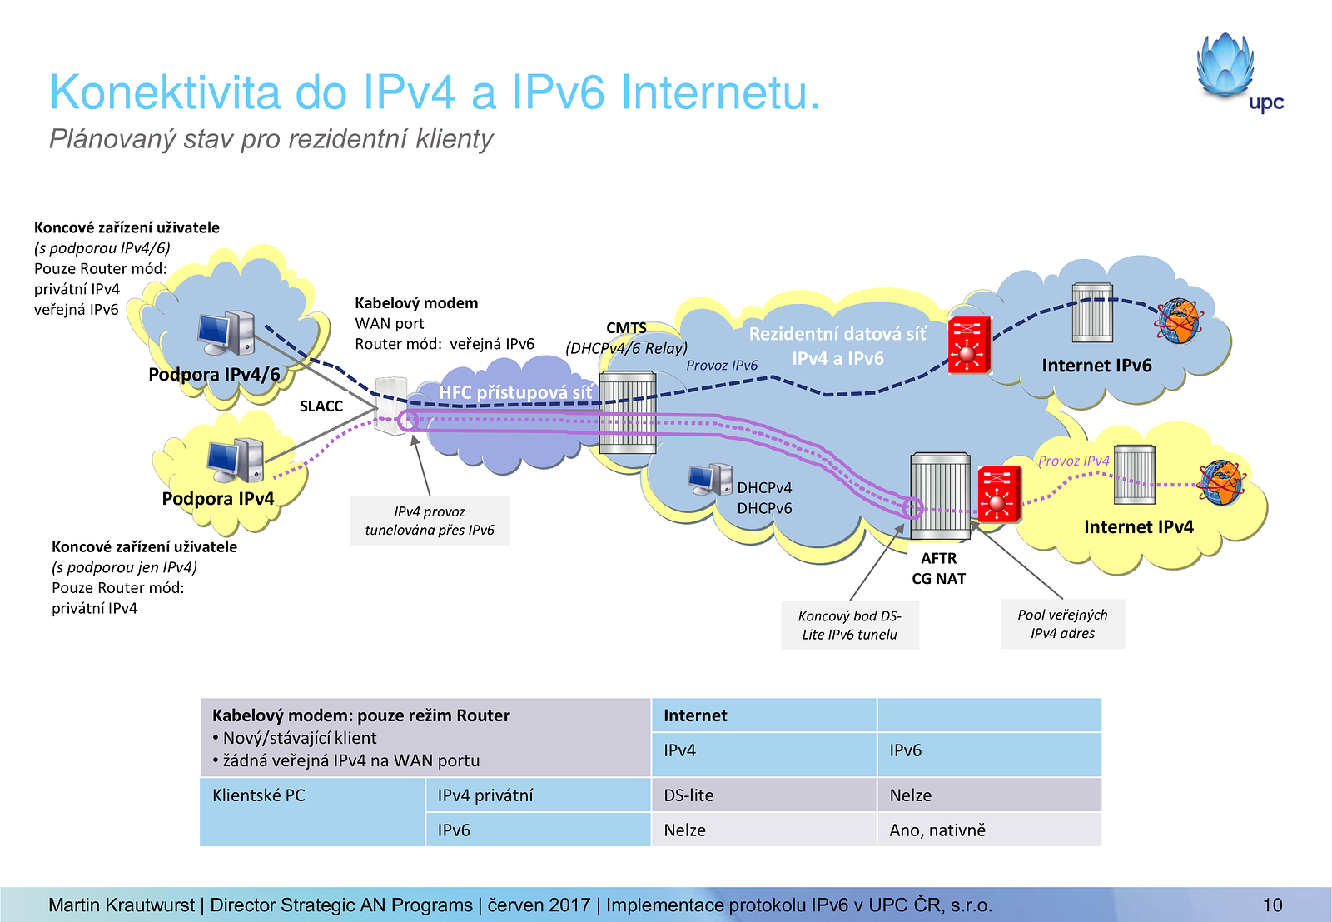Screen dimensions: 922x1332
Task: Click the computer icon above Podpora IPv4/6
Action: [226, 333]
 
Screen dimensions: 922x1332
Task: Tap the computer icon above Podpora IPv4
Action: [236, 460]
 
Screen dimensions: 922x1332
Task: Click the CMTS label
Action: [626, 328]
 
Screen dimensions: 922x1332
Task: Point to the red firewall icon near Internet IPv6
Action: [968, 345]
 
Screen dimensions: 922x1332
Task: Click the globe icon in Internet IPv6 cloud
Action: [1179, 321]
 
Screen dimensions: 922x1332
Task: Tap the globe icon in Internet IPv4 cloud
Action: [1221, 482]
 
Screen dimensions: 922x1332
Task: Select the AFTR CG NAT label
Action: [938, 568]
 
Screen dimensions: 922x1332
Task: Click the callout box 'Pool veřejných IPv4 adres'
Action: [1062, 624]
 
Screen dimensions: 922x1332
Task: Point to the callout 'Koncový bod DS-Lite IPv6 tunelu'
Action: [849, 625]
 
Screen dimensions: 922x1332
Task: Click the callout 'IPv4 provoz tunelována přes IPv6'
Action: [430, 521]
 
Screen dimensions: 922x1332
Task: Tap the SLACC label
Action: [321, 406]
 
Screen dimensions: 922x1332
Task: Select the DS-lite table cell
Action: [763, 795]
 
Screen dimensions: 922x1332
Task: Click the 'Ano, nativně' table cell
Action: [989, 830]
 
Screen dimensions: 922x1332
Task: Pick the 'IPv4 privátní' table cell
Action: [537, 795]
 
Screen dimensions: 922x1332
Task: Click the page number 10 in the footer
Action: [1272, 905]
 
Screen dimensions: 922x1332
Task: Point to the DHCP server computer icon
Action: [709, 479]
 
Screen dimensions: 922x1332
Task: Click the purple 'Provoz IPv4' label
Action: [1073, 461]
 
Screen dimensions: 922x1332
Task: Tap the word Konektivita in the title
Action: [165, 92]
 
